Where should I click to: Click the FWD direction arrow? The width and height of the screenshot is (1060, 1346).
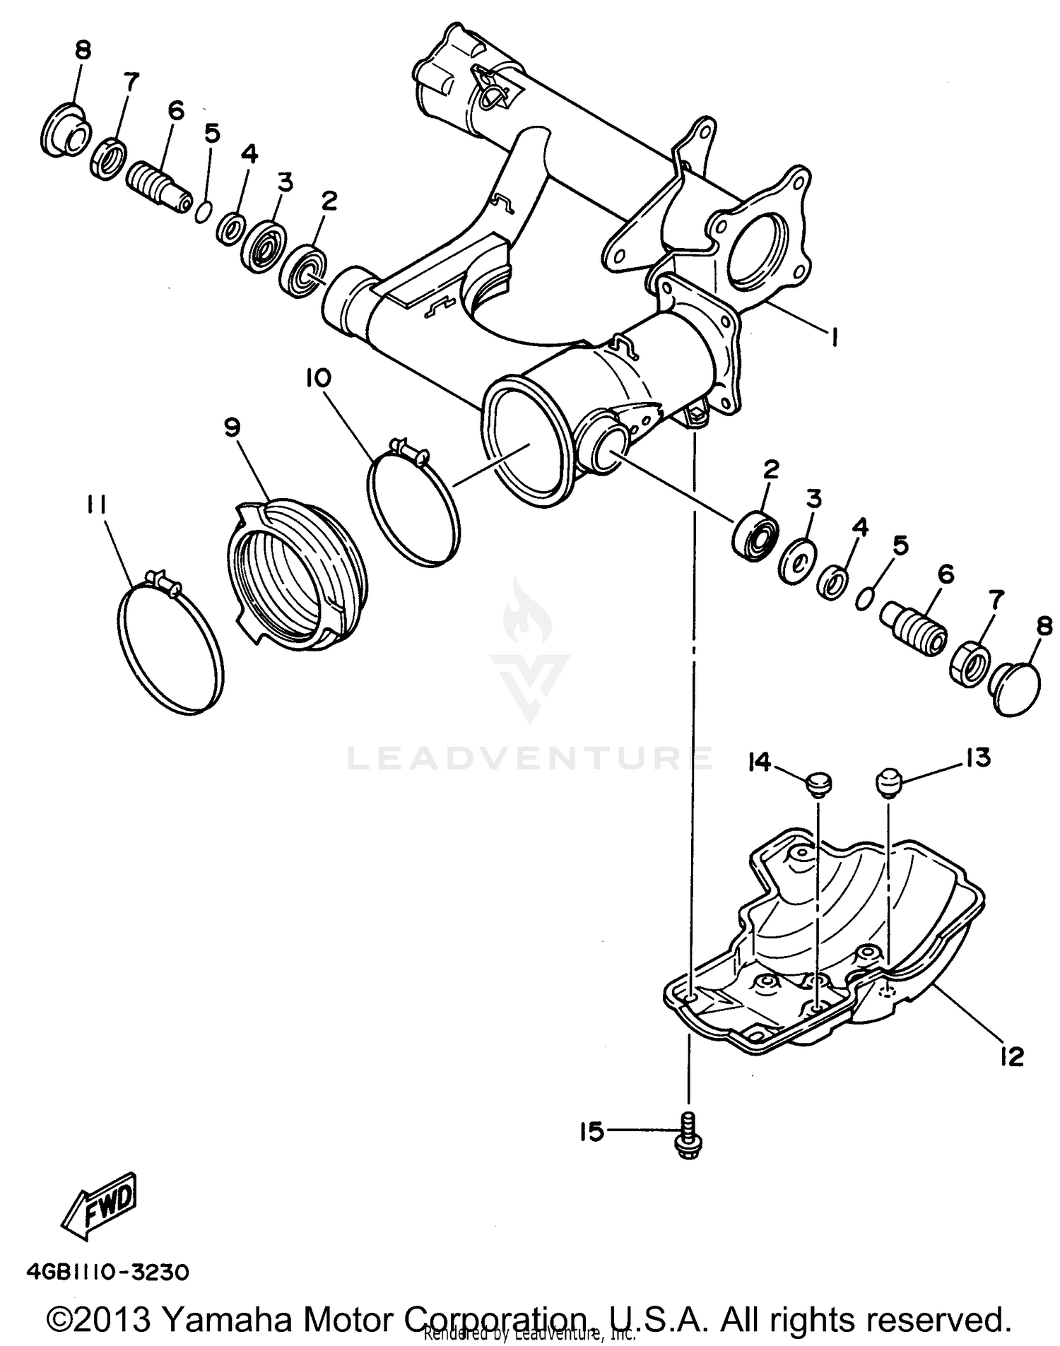100,1206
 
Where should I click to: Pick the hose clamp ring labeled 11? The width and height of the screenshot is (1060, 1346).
168,640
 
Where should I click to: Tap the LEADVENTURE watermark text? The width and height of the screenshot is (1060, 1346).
530,758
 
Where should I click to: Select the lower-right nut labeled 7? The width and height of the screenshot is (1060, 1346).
970,663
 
